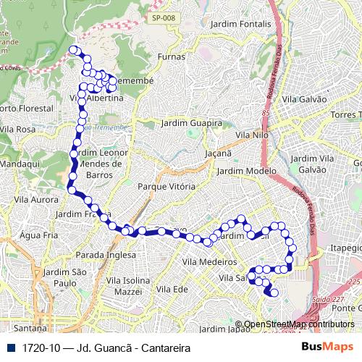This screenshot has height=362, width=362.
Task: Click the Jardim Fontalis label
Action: (x=240, y=24)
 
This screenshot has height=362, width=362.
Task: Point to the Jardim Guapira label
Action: (x=191, y=123)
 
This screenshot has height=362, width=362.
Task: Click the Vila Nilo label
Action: (x=252, y=135)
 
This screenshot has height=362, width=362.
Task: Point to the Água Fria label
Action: (x=38, y=235)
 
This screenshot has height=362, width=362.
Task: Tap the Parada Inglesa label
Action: (x=106, y=255)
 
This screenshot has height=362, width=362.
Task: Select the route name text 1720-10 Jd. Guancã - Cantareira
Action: (x=106, y=348)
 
